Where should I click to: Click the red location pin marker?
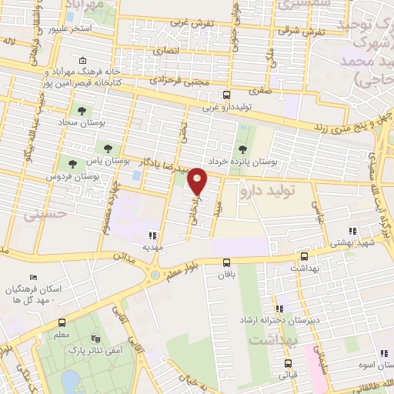tap(198, 180)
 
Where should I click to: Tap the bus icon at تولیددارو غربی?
tap(225, 96)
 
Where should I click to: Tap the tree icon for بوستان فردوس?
tap(72, 164)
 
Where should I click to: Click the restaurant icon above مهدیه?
tap(152, 235)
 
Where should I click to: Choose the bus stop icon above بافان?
tap(225, 262)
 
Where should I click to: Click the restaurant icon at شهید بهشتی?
tap(352, 231)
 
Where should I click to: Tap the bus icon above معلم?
tap(62, 324)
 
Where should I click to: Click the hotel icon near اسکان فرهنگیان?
tap(32, 278)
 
